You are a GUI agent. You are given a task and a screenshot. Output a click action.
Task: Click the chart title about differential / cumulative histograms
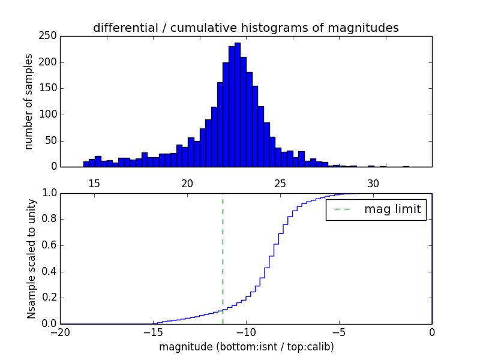pos(245,28)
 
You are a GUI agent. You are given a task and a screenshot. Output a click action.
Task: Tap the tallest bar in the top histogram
pos(238,105)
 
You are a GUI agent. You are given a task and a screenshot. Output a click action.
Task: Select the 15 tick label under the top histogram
pos(94,184)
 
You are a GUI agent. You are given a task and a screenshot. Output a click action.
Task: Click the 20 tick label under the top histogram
pos(187,184)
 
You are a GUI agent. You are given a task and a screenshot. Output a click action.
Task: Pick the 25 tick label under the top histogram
pos(280,184)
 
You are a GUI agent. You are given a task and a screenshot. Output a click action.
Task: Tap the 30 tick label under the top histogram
pos(373,184)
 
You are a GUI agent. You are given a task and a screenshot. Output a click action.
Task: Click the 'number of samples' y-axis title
pos(29,101)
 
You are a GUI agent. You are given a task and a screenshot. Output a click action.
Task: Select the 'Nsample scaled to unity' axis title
pos(31,258)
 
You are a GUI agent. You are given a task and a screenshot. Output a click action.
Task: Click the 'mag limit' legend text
pos(392,210)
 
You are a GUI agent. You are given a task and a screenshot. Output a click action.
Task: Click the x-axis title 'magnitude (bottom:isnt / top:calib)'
pos(246,347)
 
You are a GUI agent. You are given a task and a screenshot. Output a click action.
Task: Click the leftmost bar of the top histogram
pos(86,164)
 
